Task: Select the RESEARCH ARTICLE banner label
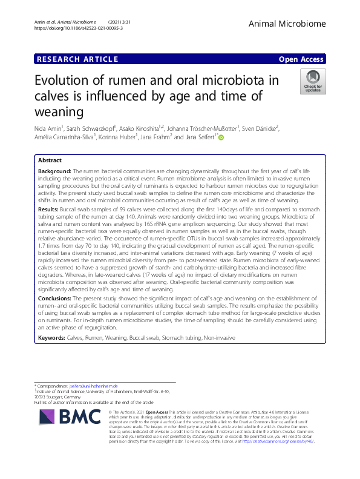coord(77,59)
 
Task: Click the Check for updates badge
coord(312,82)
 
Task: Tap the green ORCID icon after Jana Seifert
coord(221,139)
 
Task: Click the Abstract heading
coord(49,160)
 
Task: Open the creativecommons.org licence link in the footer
coord(278,441)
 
